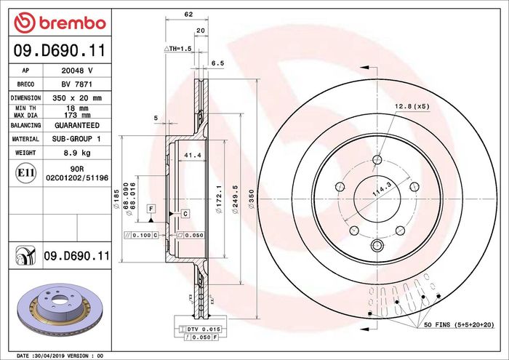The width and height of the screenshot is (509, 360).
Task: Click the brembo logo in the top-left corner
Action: (x=60, y=23)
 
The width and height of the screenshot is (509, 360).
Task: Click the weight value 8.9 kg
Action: (x=77, y=153)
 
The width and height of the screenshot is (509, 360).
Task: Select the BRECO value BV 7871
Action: (x=77, y=84)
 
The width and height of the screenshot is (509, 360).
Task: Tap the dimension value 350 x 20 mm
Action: (x=77, y=97)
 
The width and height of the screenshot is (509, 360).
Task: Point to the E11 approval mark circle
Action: (x=25, y=172)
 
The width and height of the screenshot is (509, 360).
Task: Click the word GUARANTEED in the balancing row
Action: (x=77, y=125)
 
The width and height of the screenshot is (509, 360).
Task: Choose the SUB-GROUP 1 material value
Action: (x=76, y=139)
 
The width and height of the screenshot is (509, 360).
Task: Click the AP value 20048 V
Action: (x=77, y=71)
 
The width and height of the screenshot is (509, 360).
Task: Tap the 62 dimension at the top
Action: (x=188, y=15)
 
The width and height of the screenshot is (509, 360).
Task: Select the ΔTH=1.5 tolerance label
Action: (x=177, y=49)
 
